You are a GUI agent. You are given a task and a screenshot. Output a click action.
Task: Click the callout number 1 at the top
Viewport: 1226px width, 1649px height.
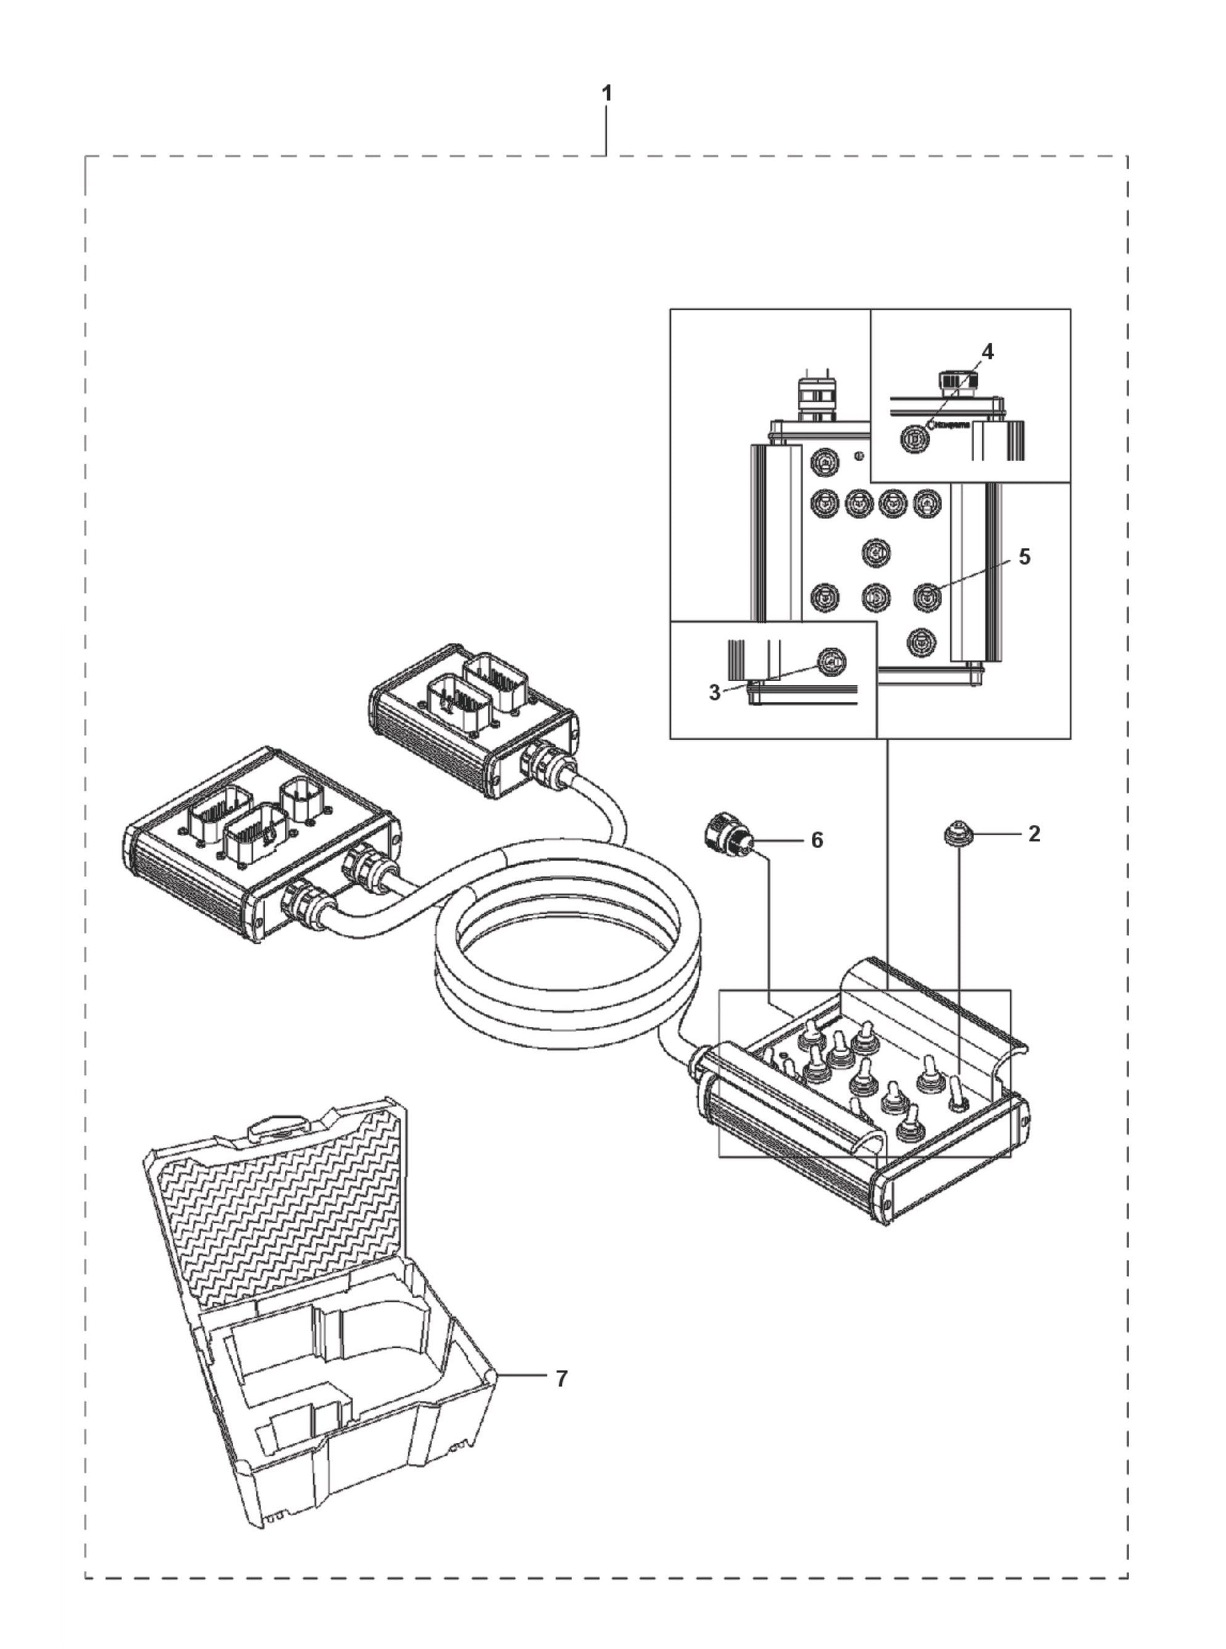[x=607, y=95]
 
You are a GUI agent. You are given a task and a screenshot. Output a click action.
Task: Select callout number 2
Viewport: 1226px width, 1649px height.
[x=1034, y=834]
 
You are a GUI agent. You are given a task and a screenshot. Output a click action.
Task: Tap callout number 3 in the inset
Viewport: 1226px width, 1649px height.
[x=714, y=693]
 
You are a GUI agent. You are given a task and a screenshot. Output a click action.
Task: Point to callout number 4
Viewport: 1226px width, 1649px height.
[x=987, y=352]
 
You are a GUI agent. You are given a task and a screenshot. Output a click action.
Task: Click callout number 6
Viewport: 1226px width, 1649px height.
[x=816, y=841]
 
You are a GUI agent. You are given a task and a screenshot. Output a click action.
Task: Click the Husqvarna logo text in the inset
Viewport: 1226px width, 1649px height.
[x=951, y=426]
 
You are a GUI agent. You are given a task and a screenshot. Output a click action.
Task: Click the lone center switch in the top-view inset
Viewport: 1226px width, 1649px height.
[x=876, y=553]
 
